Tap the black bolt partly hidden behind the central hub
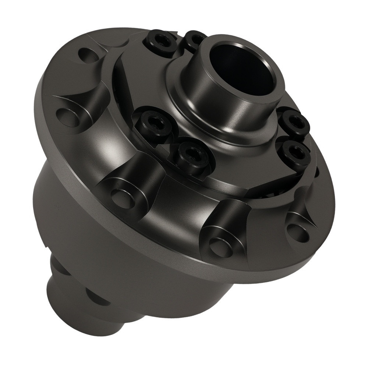coord(195,39)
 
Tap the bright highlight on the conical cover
coord(107,147)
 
